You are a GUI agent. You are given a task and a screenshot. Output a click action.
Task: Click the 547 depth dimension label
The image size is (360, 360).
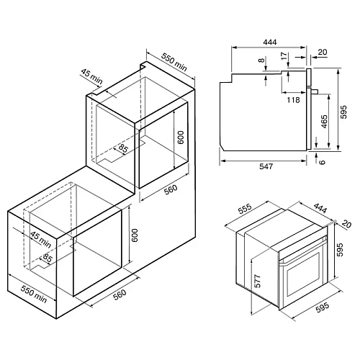coord(266,166)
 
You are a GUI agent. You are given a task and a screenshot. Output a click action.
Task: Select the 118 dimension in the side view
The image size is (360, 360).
coord(293,99)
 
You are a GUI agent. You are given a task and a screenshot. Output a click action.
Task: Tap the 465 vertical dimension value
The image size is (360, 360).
coord(324,122)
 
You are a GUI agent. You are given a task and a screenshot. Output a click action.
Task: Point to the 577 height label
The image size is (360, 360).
coord(257,281)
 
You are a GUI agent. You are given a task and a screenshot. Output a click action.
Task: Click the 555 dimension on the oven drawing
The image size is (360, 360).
coord(245,209)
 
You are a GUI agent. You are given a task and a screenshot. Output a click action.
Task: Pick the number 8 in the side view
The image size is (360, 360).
coord(261,60)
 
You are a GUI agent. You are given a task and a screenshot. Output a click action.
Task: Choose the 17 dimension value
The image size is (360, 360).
coord(284,56)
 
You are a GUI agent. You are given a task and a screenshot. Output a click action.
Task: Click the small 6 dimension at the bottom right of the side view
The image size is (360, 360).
coord(323,162)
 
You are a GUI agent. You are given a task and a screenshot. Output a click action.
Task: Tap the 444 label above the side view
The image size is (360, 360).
coord(270,42)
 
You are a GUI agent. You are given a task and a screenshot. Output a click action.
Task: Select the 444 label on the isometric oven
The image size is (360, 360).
coord(320,208)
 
